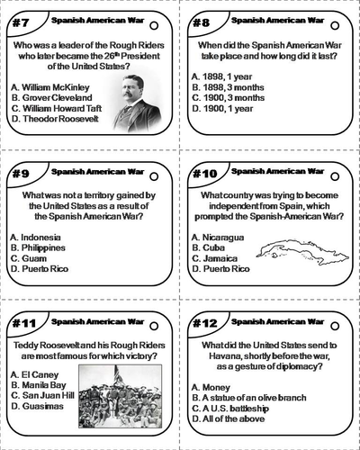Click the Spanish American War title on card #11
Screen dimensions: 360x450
point(95,320)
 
